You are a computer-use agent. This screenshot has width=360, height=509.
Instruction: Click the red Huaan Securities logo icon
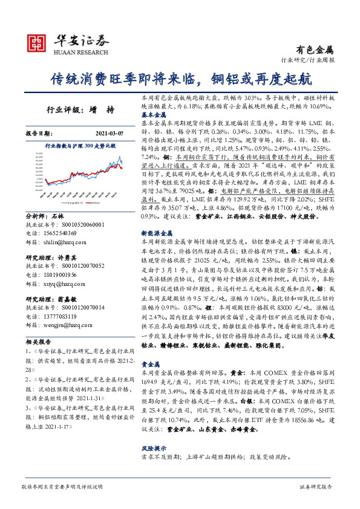(x=36, y=43)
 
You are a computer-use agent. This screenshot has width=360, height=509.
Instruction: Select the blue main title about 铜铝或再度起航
(x=180, y=79)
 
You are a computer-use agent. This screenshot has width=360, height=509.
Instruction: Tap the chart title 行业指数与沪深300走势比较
(x=80, y=146)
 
